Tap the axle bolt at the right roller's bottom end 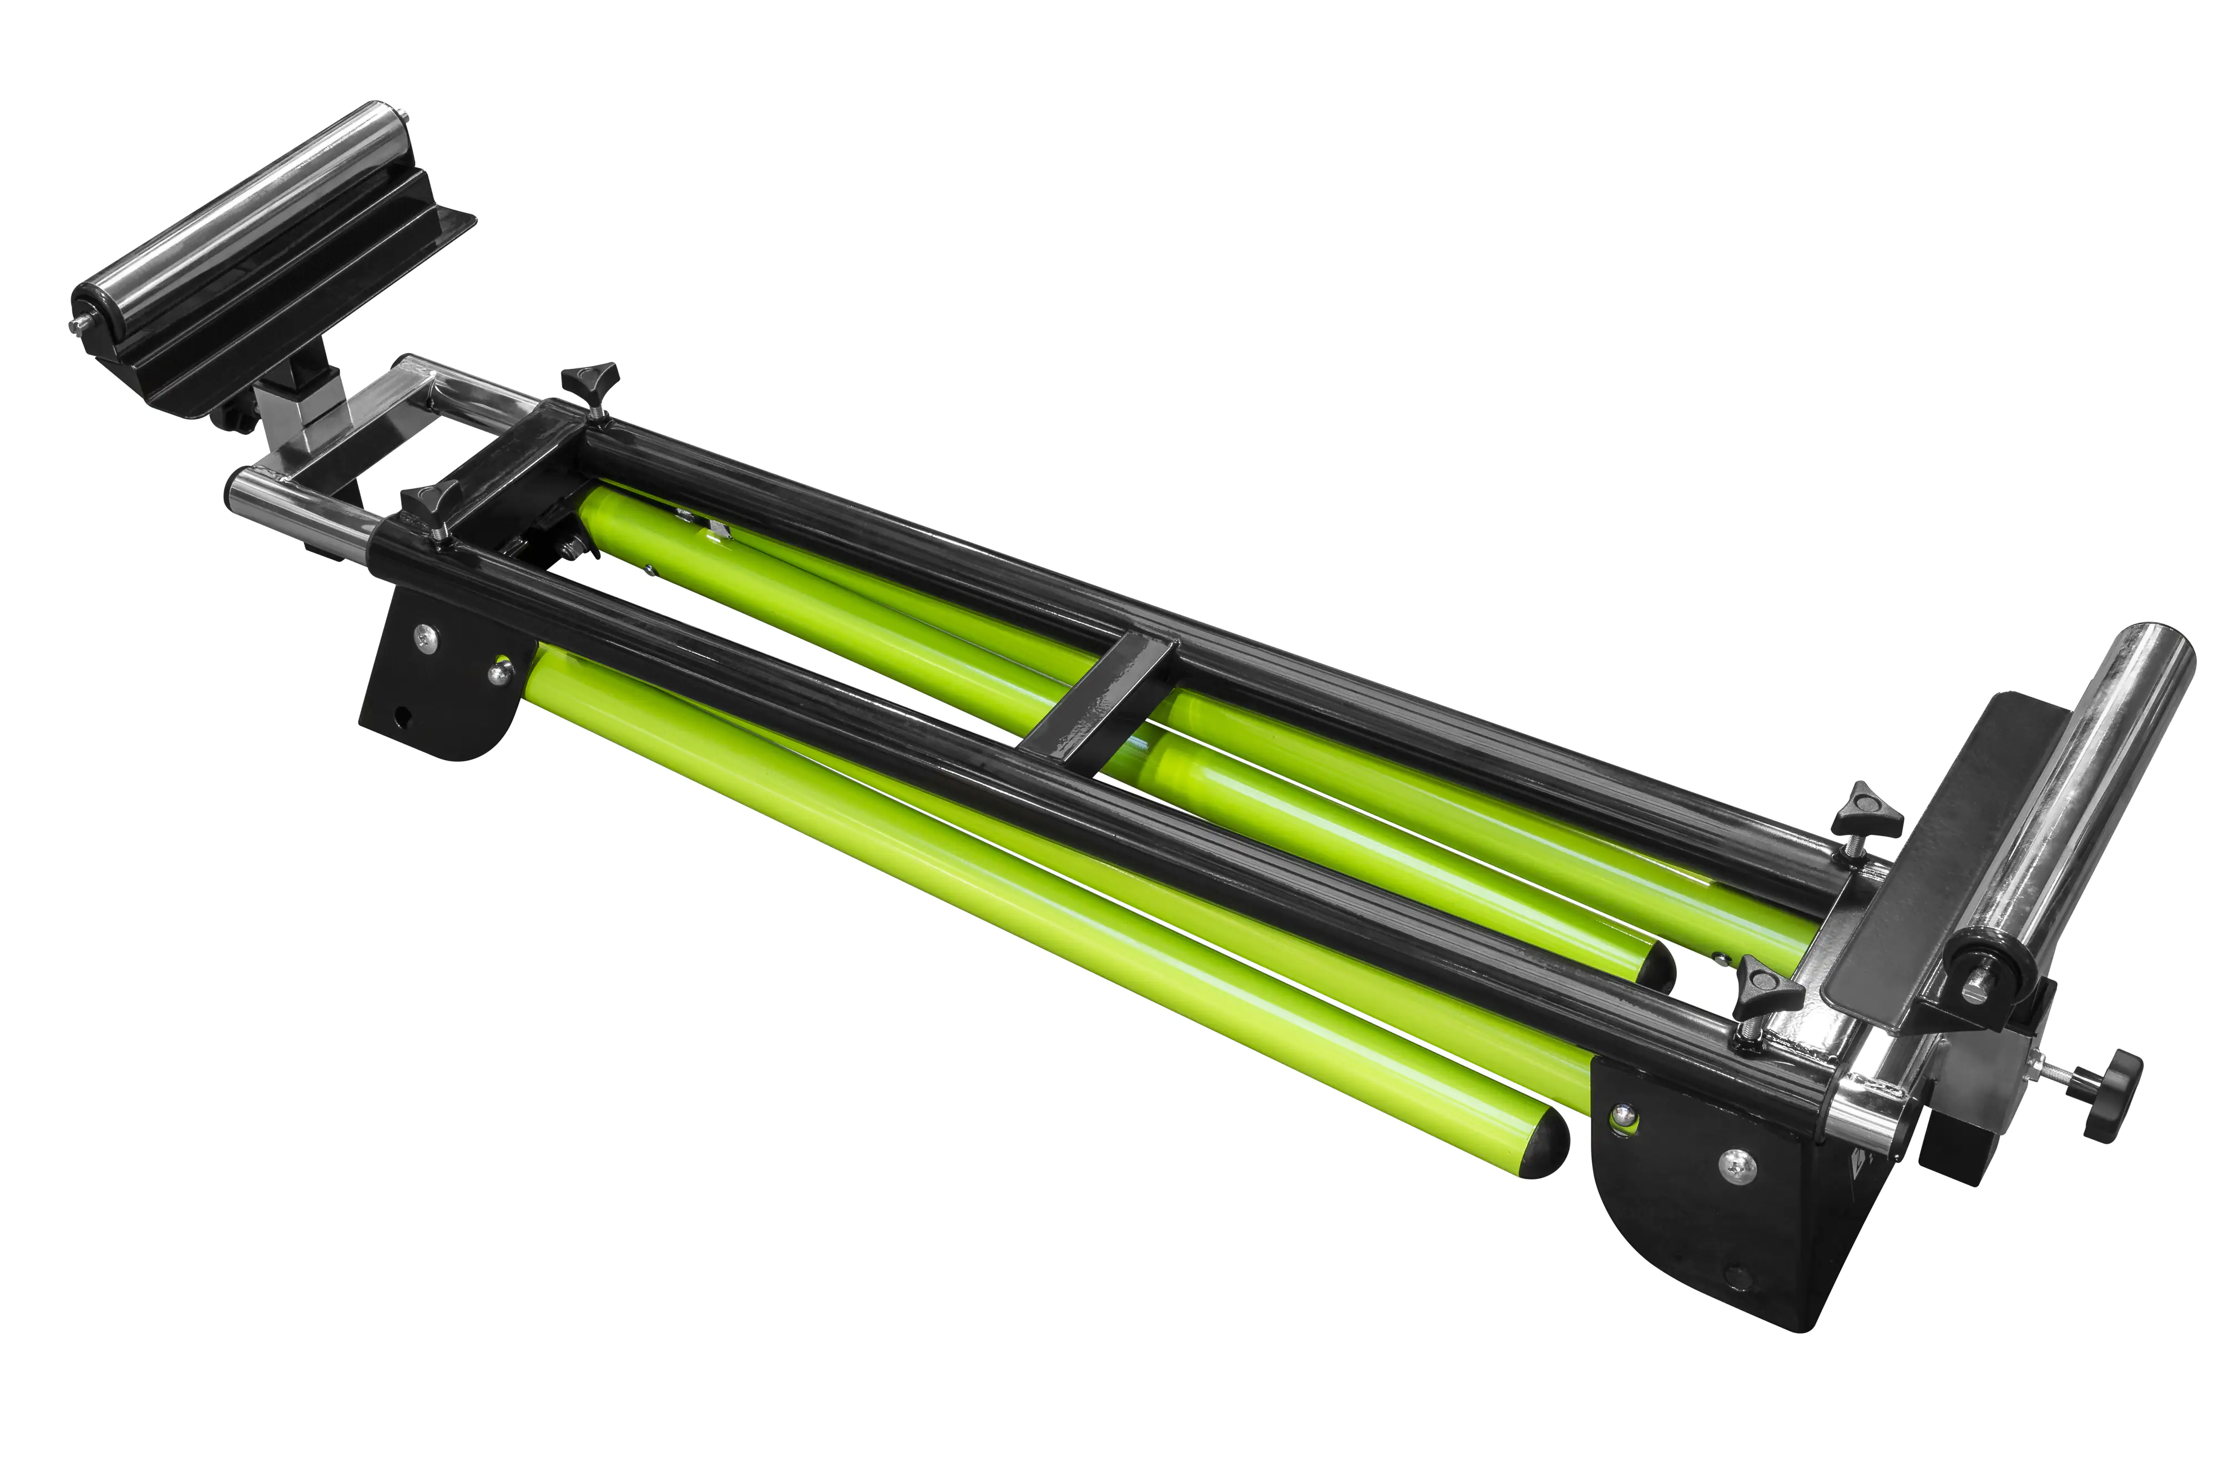[1974, 992]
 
